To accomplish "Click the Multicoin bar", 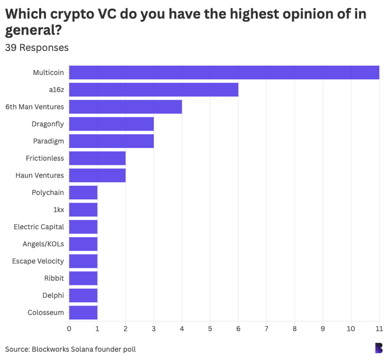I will [224, 73].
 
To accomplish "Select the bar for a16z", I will [153, 89].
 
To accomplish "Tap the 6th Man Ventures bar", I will [125, 107].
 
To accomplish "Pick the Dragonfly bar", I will [111, 124].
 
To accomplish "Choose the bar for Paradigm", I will [111, 141].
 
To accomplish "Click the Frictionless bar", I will [97, 158].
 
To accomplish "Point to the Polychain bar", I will [83, 192].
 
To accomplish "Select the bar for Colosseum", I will [83, 312].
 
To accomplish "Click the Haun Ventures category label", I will [40, 175].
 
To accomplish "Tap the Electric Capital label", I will [39, 227].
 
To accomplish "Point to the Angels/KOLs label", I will [43, 244].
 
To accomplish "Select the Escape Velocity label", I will [38, 261].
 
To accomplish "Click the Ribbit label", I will [54, 278].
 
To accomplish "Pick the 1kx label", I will [58, 210].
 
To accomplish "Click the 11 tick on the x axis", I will [379, 328].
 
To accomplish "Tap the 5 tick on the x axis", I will [210, 328].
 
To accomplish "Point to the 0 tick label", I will [69, 328].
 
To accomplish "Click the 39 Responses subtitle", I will [37, 48].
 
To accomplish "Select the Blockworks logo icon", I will [379, 348].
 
